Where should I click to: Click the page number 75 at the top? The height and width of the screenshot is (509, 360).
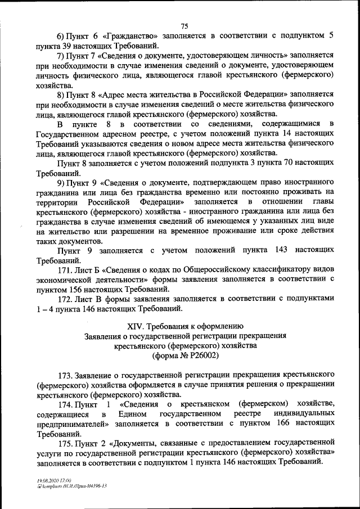[x=184, y=24]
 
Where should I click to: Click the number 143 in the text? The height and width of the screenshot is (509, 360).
[x=273, y=250]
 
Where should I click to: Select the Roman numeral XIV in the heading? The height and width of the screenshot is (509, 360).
[x=137, y=326]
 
